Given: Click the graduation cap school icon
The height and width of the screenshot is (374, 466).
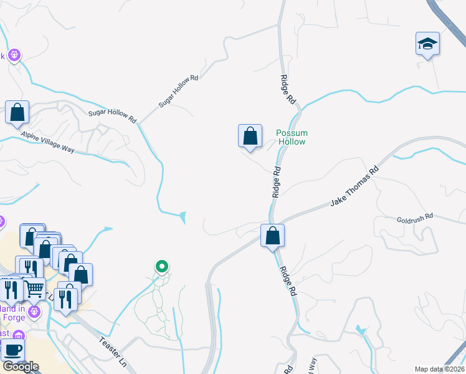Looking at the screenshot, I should point(427,44).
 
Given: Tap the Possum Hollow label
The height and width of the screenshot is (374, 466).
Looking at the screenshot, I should point(292,137).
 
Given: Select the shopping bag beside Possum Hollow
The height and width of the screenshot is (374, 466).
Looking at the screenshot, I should point(249,136).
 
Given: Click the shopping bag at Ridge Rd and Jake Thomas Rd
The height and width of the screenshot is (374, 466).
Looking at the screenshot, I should point(272,236).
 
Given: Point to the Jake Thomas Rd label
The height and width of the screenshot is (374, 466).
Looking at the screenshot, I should point(354,186).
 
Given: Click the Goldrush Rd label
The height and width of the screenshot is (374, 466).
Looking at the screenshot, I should point(414,219).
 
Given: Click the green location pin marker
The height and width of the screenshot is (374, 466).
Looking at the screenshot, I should point(162,267).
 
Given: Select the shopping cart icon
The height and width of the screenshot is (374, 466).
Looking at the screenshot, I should point(36,289).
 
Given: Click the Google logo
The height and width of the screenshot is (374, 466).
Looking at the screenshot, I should point(20,367).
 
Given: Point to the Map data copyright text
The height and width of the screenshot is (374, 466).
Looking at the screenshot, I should point(439,369).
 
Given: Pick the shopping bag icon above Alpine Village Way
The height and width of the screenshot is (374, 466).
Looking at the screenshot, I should point(17,113).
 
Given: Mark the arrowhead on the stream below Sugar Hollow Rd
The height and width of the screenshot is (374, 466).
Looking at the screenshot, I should point(182,217).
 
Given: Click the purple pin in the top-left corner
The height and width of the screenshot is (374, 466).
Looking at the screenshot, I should point(15,55).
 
